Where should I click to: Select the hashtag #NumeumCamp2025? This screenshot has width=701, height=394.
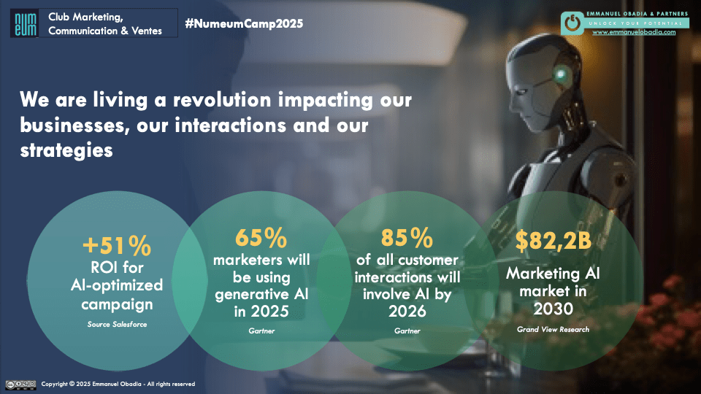pyautogui.click(x=244, y=23)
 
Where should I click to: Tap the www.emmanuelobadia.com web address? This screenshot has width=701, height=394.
pyautogui.click(x=633, y=32)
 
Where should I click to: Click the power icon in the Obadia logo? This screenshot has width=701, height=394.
pyautogui.click(x=573, y=23)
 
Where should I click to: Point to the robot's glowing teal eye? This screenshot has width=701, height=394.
pyautogui.click(x=560, y=74)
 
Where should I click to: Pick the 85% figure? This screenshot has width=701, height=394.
pyautogui.click(x=407, y=238)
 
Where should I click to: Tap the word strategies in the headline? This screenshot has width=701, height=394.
pyautogui.click(x=66, y=150)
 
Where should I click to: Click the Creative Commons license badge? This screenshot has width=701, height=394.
pyautogui.click(x=20, y=384)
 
